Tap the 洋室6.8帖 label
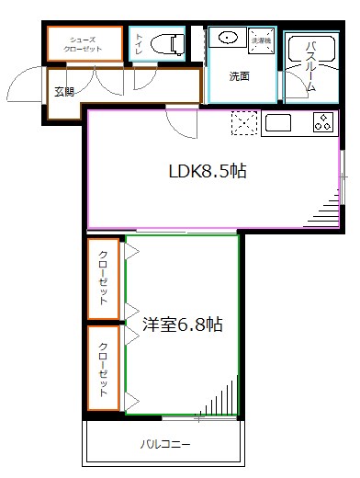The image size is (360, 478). click(x=183, y=324)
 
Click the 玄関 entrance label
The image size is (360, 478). click(x=64, y=91)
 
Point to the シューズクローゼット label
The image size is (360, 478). click(x=85, y=42)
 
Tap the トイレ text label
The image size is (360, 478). click(x=139, y=43)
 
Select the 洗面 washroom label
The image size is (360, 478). click(x=240, y=76)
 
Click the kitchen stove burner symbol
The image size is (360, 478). click(x=323, y=122)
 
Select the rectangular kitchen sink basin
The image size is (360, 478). click(x=277, y=122)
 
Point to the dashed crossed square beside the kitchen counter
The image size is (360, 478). click(x=245, y=123)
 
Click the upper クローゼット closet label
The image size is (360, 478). click(x=104, y=278)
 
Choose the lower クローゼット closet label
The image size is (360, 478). click(x=104, y=369)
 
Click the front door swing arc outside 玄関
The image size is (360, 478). click(x=25, y=88)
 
